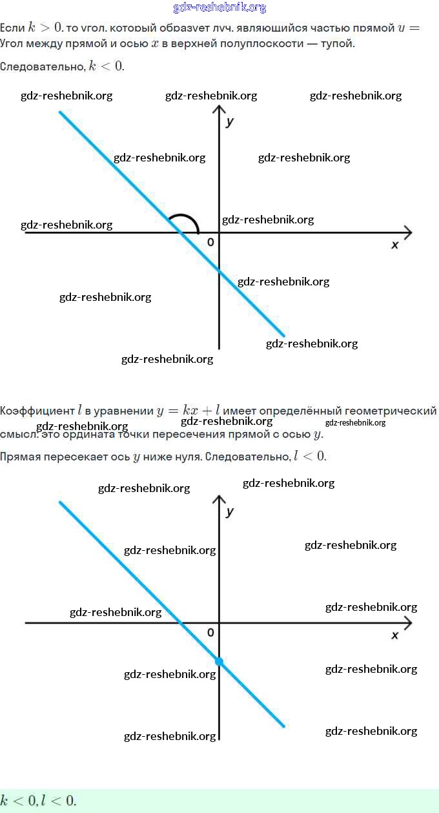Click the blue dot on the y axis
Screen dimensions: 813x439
tap(219, 661)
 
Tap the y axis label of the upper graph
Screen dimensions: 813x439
tap(229, 121)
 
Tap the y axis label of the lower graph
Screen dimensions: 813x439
tap(229, 511)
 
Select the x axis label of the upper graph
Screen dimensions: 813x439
tap(395, 245)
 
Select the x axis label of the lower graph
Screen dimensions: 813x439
tap(395, 635)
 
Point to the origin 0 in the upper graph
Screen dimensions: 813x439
tap(210, 242)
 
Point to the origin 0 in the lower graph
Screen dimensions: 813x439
tap(210, 632)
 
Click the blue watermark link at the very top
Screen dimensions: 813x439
tap(219, 8)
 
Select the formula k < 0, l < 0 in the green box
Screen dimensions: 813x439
tap(38, 801)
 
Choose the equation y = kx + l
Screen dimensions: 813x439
tap(189, 411)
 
